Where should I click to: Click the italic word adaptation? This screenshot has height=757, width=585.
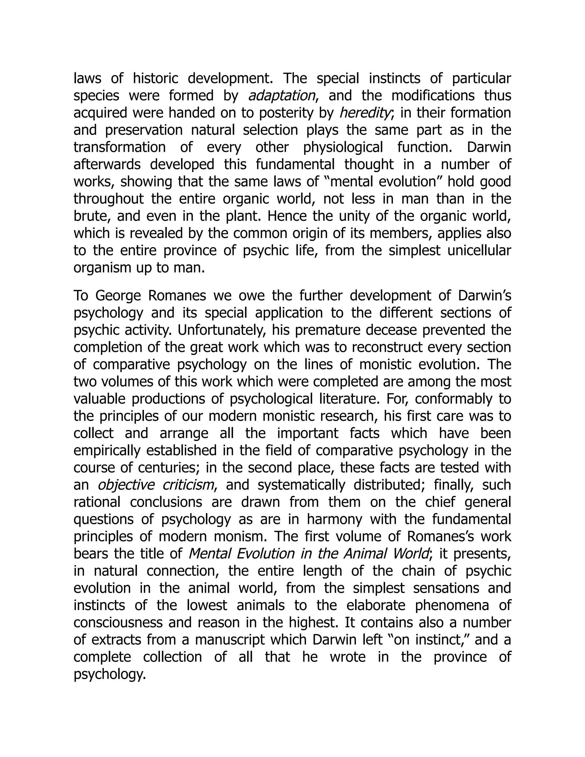tap(282, 96)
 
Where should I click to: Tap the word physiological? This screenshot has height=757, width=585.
tap(343, 147)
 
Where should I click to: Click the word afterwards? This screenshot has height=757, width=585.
tap(107, 165)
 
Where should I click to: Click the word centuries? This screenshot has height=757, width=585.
tap(168, 468)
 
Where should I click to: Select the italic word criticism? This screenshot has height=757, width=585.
tap(188, 485)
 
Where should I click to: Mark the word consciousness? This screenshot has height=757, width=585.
tap(118, 622)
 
